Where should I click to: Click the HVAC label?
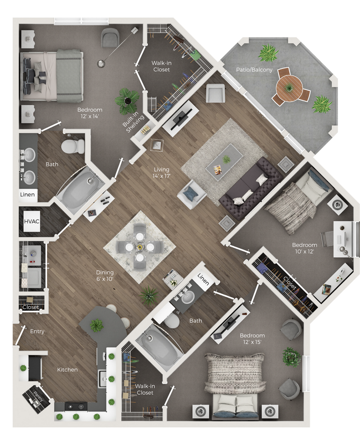pyautogui.click(x=29, y=222)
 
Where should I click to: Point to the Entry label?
pyautogui.click(x=37, y=331)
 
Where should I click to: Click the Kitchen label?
pyautogui.click(x=67, y=370)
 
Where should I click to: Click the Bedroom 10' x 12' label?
pyautogui.click(x=305, y=248)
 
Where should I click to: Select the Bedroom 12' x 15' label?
pyautogui.click(x=252, y=339)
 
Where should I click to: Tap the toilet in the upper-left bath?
pyautogui.click(x=72, y=146)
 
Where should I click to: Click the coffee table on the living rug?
pyautogui.click(x=224, y=160)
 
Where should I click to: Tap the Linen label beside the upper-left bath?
pyautogui.click(x=28, y=195)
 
